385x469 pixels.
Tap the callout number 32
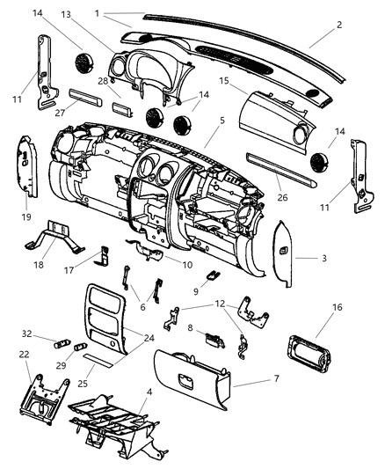(26, 333)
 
